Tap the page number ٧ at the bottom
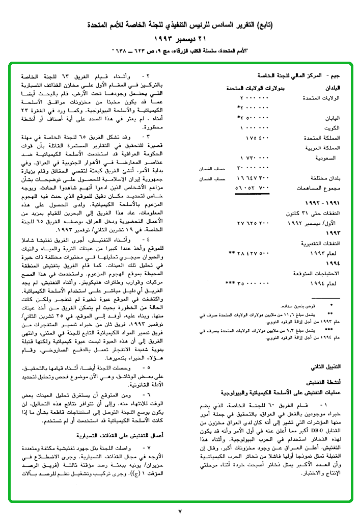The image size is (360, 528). (x=180, y=511)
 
